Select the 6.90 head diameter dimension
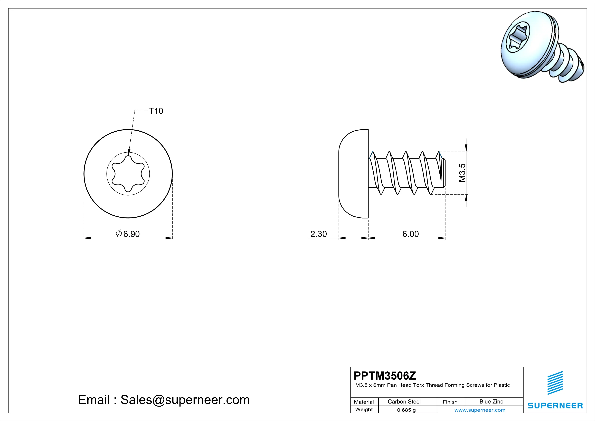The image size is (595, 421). coord(131,234)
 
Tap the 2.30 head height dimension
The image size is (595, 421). coord(318,234)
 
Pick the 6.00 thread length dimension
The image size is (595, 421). coord(410,234)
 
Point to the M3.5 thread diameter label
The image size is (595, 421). coord(462,173)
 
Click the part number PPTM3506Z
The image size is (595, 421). coord(385,375)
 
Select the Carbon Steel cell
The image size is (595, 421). coord(404,401)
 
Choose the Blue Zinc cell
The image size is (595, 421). coord(491,401)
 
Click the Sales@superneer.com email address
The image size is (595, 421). coord(185,400)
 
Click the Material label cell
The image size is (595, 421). coord(364,402)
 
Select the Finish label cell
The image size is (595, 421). coord(450,402)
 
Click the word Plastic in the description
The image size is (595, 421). coord(502,385)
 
